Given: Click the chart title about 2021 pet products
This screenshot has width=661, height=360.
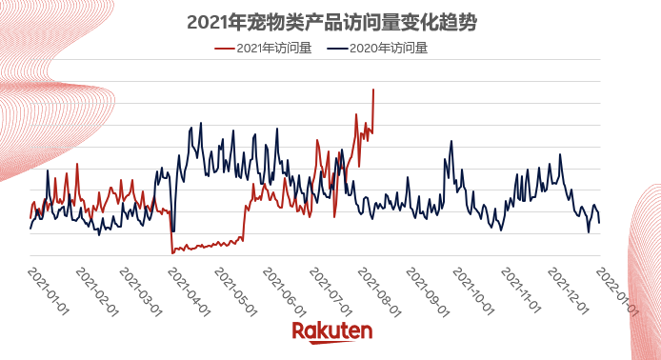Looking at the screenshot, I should (330, 22).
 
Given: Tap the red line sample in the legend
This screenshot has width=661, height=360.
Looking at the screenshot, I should (224, 49).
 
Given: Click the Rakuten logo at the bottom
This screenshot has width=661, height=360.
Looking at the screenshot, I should (331, 331).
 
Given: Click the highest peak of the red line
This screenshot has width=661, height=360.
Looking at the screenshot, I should (373, 90).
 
